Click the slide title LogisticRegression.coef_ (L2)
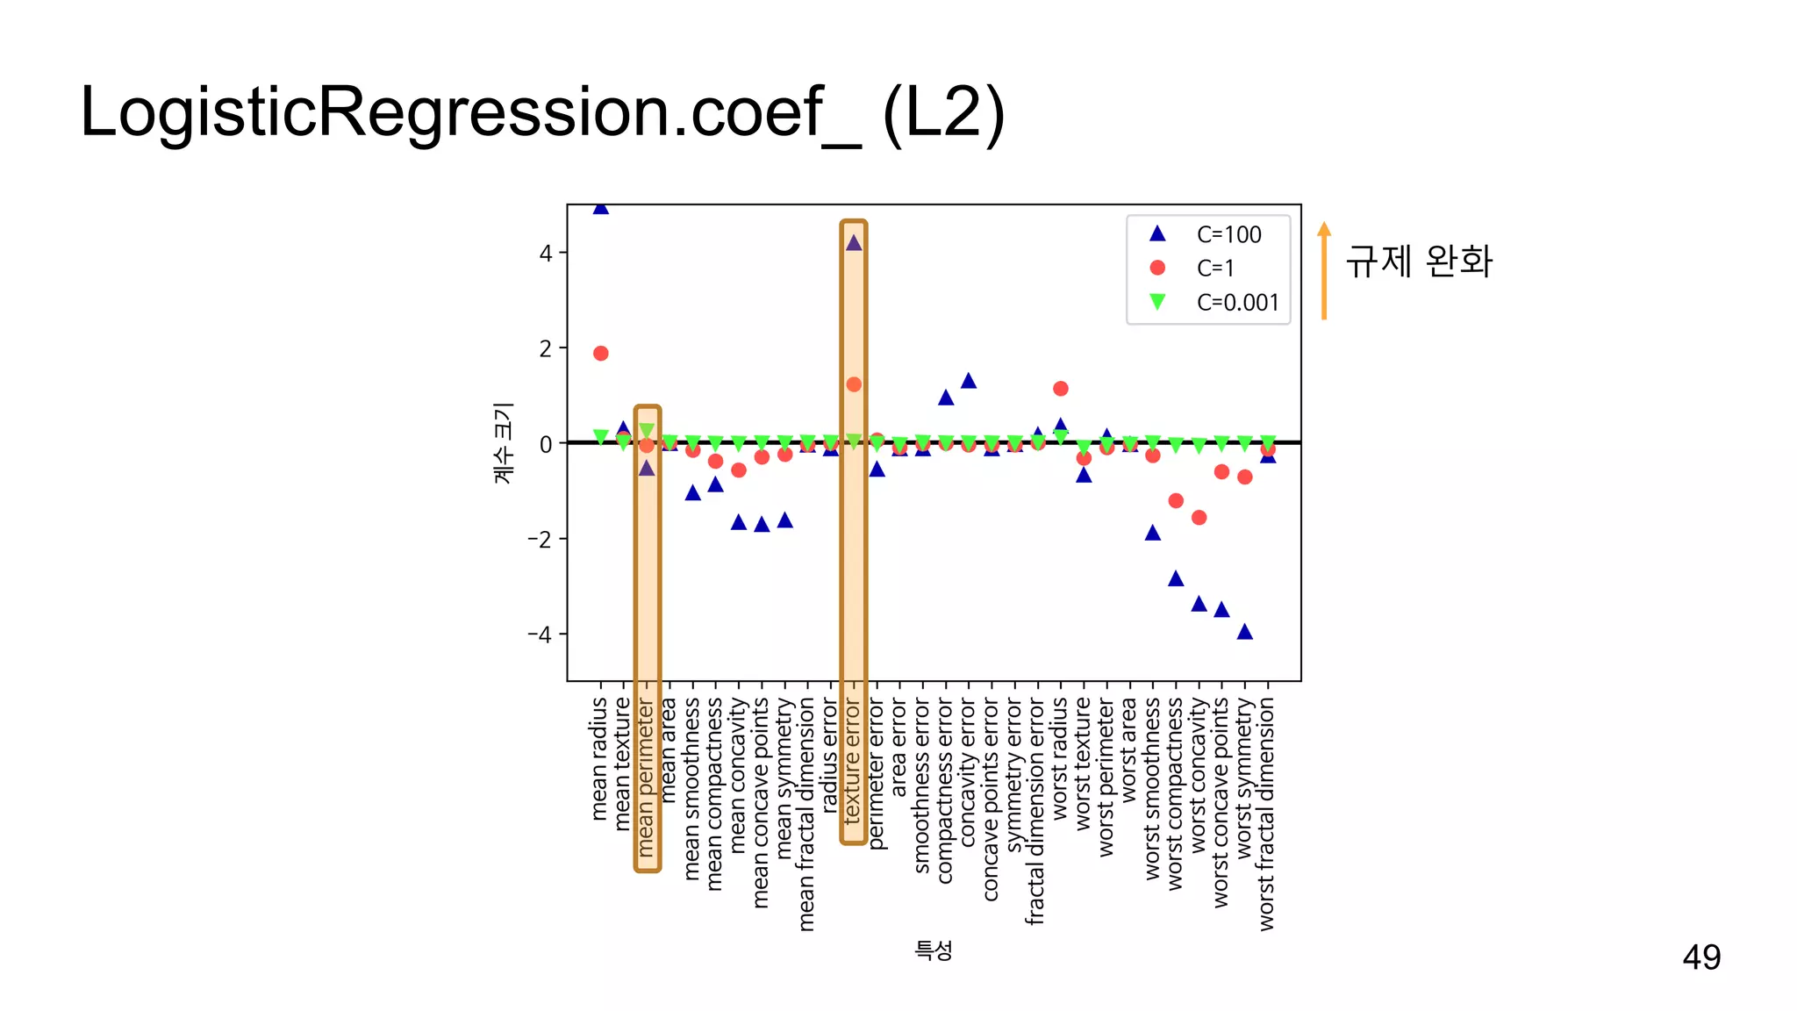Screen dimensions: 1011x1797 (541, 112)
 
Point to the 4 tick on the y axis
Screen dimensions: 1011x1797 (546, 254)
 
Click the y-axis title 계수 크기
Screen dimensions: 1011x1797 (503, 443)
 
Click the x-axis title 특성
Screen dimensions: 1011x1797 (933, 950)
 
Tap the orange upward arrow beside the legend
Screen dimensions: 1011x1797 (1324, 270)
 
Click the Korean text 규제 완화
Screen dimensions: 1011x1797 (1419, 261)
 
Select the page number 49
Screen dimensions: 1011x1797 (1700, 957)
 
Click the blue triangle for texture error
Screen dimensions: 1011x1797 (854, 243)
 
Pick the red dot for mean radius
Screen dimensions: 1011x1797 (600, 354)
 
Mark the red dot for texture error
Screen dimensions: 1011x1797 (854, 384)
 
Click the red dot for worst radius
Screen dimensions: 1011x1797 (1060, 389)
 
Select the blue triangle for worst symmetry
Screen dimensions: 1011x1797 (1244, 632)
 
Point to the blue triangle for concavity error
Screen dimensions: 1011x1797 (969, 381)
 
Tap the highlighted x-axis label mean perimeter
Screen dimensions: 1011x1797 (647, 778)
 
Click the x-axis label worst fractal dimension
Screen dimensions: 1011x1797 (1267, 814)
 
